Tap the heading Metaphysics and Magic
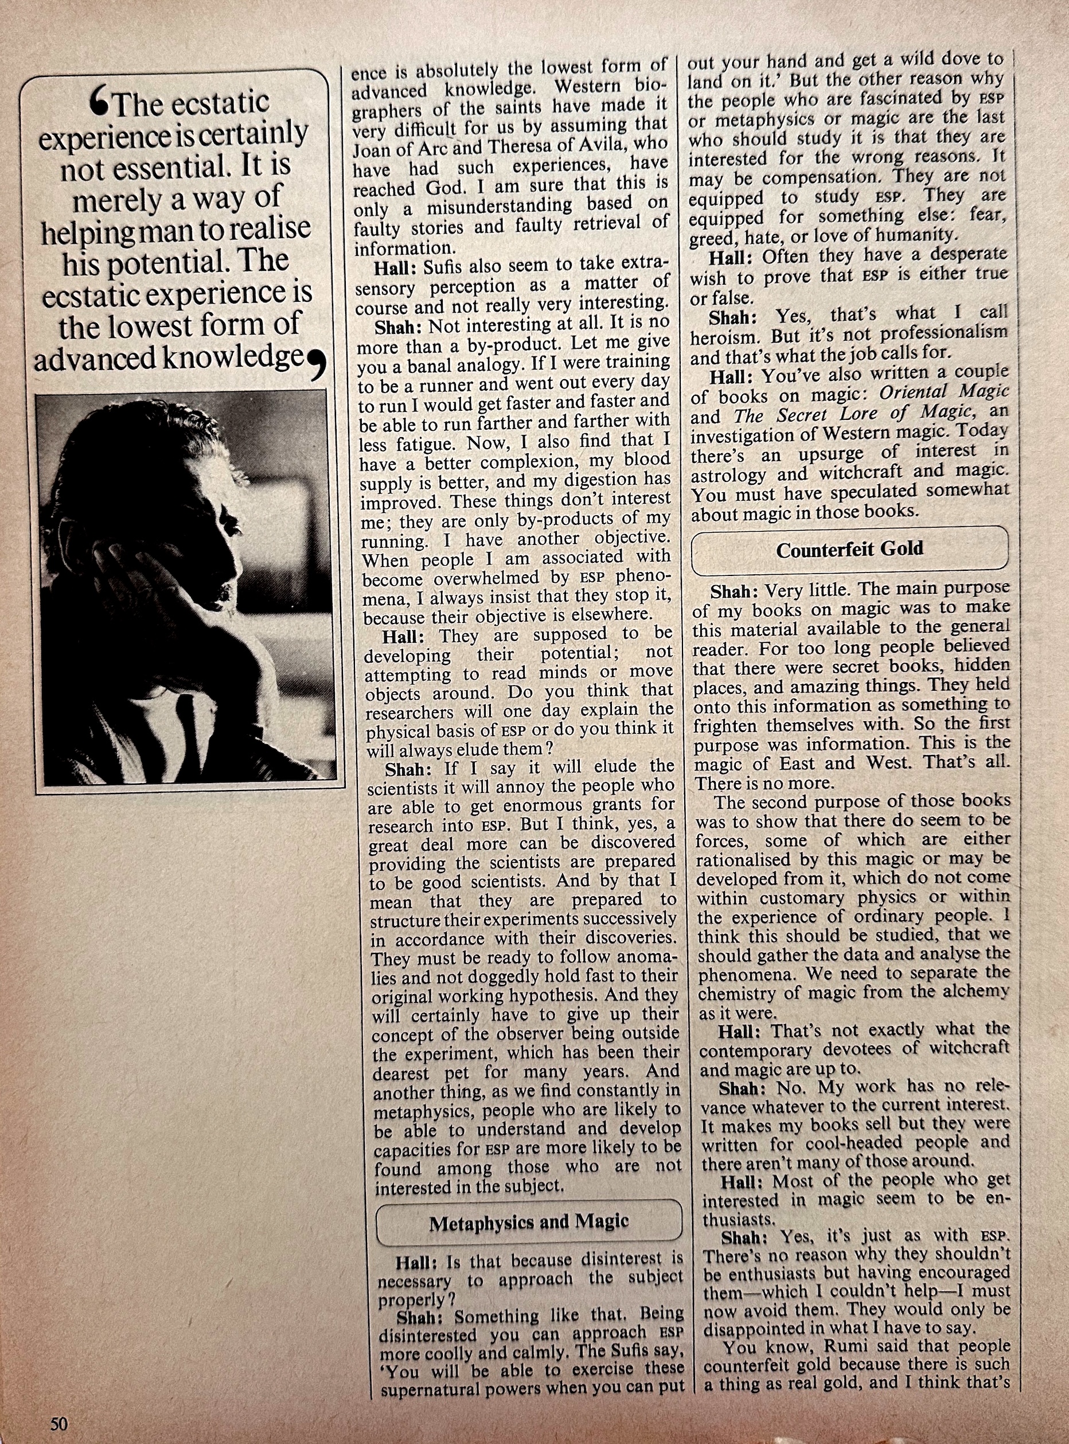click(x=528, y=1222)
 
